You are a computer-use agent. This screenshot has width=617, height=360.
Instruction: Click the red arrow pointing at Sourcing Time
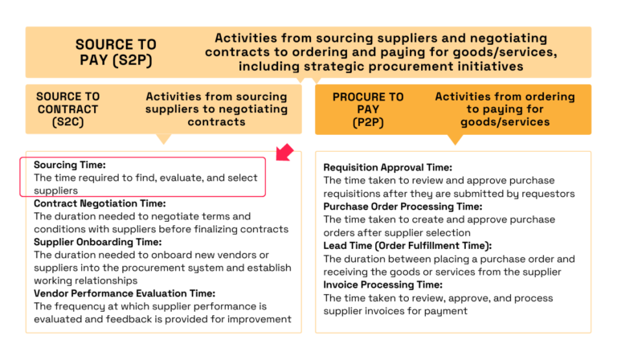click(x=282, y=152)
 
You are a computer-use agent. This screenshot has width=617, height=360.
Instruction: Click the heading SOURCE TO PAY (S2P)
click(x=116, y=52)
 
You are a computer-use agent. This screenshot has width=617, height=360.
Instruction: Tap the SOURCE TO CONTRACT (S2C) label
click(x=67, y=109)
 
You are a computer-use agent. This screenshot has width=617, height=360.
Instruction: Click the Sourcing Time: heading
click(x=70, y=165)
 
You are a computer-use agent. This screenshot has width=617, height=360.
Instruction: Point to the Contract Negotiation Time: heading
click(x=100, y=203)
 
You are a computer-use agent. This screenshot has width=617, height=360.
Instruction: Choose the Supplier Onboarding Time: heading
click(x=98, y=242)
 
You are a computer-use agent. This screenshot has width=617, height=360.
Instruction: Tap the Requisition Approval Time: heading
click(x=387, y=168)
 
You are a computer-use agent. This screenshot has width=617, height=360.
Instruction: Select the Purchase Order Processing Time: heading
click(x=402, y=207)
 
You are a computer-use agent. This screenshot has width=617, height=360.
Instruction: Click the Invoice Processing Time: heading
click(x=383, y=284)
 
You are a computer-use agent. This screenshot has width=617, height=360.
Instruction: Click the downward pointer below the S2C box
click(x=164, y=138)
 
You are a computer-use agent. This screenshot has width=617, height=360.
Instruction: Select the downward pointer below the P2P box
click(x=455, y=139)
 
